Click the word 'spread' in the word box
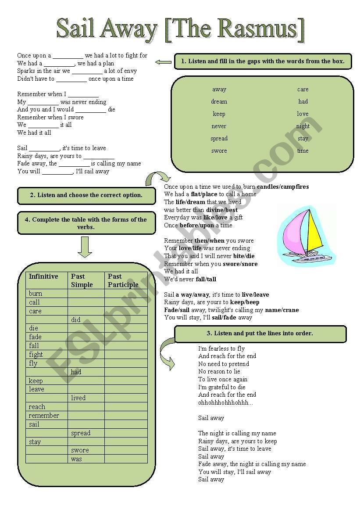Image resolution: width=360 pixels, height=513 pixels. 219,139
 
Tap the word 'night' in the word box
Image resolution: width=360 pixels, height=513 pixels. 303,126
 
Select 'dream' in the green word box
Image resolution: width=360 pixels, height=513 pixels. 219,102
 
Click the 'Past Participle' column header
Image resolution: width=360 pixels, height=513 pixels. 123,280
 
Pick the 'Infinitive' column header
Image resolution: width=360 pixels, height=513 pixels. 43,276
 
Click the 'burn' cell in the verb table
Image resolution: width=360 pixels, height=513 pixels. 36,294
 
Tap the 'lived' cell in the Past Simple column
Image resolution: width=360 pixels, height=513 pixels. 78,398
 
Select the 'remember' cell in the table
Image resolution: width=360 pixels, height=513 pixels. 44,416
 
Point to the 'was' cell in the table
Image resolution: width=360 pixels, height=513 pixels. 76,459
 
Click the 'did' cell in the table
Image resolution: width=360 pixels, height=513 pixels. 76,320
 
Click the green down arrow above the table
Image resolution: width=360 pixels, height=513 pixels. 85,247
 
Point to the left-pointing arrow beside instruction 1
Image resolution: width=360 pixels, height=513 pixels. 164,62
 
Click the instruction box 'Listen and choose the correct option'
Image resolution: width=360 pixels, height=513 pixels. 86,195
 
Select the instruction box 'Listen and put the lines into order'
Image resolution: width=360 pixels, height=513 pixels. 260,334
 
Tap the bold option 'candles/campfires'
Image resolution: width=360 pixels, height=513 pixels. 283,187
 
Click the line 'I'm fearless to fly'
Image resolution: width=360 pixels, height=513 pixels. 221,348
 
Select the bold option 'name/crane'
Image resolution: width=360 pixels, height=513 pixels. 282,310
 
